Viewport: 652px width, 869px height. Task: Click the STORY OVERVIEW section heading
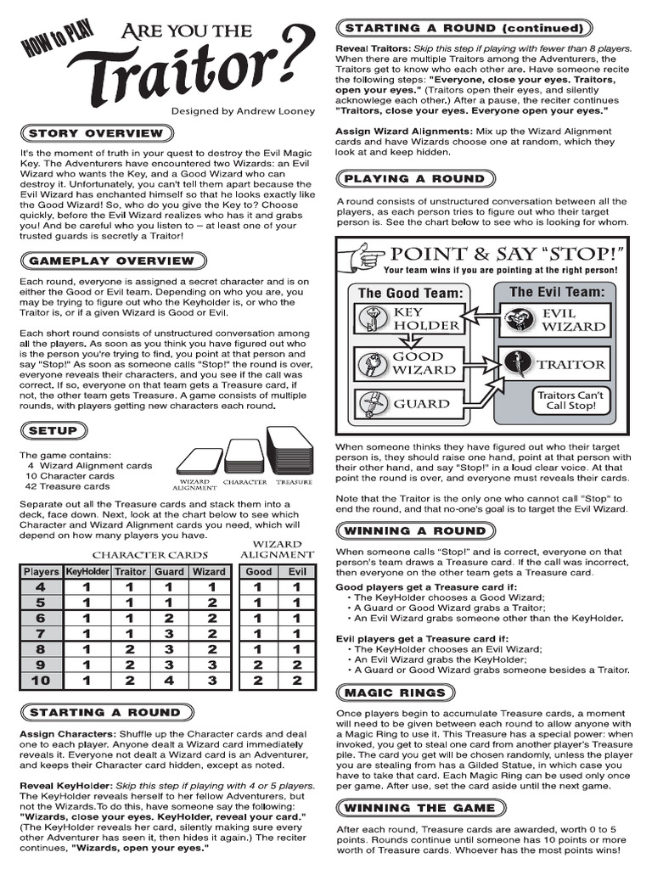[95, 133]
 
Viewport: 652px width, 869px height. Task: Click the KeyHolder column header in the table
[87, 572]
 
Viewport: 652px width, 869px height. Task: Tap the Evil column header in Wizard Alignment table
[297, 572]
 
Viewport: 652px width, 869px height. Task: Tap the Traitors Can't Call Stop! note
[570, 401]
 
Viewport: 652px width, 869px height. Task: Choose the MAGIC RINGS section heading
[394, 692]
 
